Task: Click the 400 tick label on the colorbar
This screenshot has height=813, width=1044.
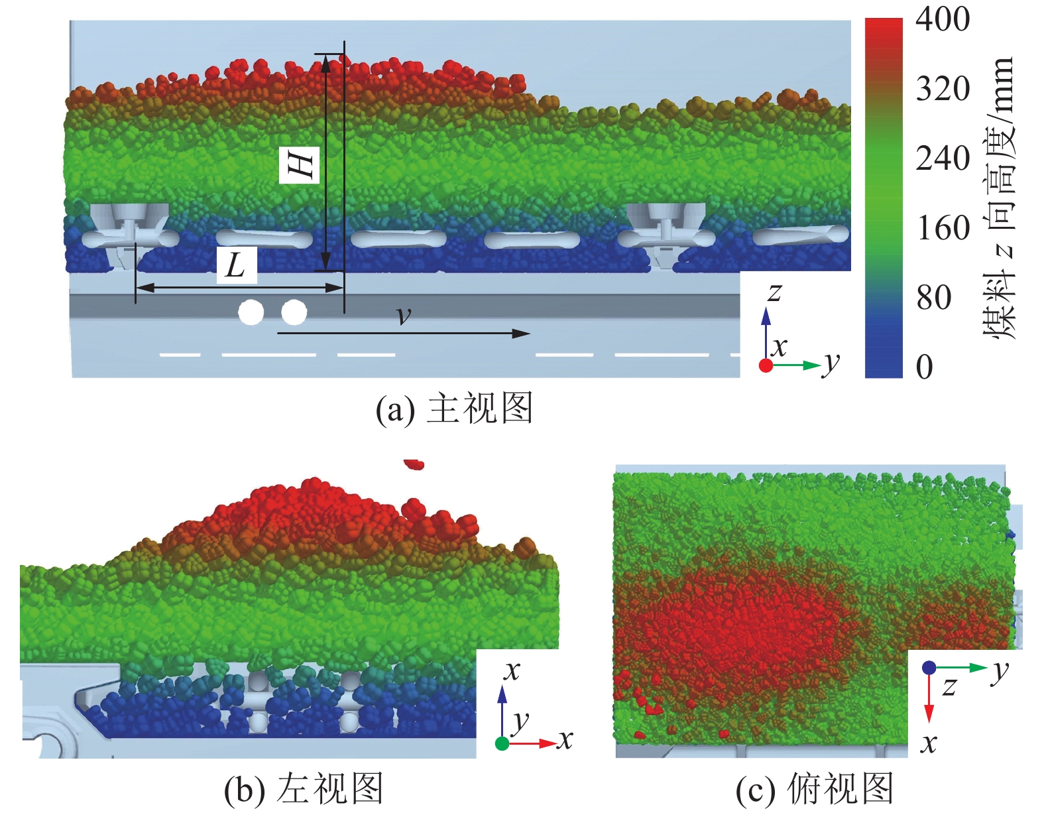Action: [943, 20]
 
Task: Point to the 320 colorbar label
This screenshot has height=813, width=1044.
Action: [943, 89]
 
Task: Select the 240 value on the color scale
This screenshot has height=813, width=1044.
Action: [943, 158]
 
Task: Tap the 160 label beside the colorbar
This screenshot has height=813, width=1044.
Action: [943, 227]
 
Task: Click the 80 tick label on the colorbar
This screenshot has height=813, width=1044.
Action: [933, 298]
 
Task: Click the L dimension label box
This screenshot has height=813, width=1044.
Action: [237, 265]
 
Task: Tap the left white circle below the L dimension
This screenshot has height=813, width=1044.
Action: [251, 312]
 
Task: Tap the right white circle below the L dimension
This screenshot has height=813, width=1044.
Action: [294, 312]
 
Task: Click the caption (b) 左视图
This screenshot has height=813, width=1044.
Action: [304, 788]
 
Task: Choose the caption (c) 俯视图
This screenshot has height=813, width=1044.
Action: [815, 788]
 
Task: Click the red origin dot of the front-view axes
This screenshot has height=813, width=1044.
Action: [766, 365]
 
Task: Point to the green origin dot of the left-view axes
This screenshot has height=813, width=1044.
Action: [502, 743]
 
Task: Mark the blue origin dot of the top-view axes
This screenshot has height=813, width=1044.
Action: [929, 667]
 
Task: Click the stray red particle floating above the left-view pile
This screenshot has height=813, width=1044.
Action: [414, 464]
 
